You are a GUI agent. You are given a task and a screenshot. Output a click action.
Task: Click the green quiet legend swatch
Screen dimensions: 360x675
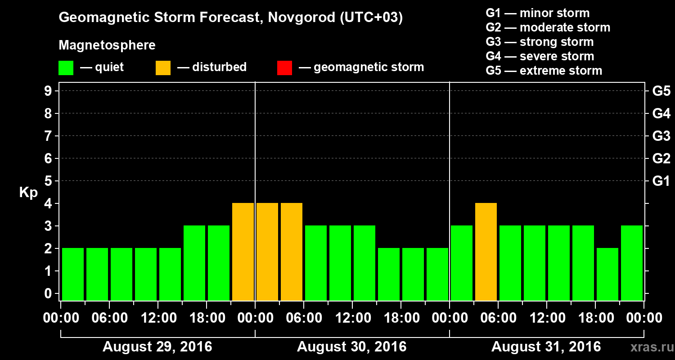[66, 68]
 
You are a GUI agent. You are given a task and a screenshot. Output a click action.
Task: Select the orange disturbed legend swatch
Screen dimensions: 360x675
[163, 68]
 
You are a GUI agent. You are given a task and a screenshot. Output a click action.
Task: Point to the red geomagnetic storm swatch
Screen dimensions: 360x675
[285, 68]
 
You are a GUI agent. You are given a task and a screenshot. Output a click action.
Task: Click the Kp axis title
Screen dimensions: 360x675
[28, 193]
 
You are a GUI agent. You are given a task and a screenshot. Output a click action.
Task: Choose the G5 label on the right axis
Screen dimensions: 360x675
[661, 91]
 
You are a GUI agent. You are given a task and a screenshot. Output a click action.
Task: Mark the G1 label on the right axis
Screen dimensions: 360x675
[661, 181]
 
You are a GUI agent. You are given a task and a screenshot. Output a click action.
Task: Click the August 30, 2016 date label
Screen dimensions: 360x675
[351, 347]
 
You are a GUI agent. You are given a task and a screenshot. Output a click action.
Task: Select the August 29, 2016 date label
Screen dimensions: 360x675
[157, 347]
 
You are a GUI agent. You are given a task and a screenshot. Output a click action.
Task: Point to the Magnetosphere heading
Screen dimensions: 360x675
[107, 45]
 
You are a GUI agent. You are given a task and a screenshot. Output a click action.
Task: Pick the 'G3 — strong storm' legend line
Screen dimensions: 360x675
[540, 42]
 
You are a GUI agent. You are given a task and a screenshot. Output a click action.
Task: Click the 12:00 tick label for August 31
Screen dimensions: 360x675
[546, 318]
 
